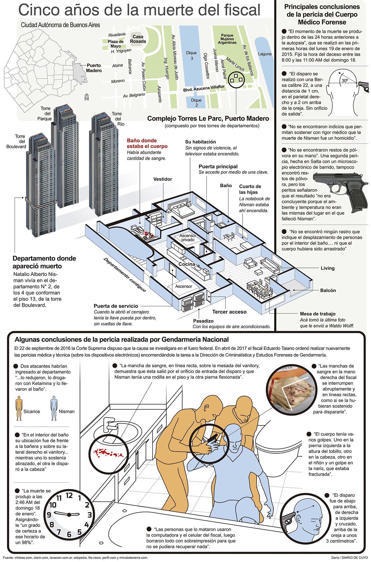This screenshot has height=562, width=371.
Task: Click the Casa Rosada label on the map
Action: coord(138,39)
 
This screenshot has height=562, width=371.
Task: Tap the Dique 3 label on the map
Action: coord(191,55)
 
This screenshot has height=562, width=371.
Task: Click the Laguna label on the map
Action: coord(265,54)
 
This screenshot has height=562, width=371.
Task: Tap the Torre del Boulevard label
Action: coord(16,141)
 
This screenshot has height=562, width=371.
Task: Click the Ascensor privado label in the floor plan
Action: coord(187,238)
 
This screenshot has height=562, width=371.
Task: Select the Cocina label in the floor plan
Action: coord(187,264)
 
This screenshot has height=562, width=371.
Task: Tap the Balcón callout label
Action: coord(328,290)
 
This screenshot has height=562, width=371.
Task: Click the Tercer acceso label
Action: coord(229,312)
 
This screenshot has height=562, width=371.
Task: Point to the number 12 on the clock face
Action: coord(69,496)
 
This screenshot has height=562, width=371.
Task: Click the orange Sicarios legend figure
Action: coord(19,408)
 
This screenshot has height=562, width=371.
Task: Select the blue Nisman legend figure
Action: coord(54,408)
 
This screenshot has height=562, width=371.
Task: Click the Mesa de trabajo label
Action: coord(318,314)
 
